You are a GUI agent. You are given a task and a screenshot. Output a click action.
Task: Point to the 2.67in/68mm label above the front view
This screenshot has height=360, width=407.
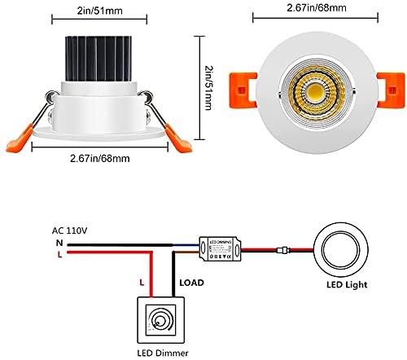310,8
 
